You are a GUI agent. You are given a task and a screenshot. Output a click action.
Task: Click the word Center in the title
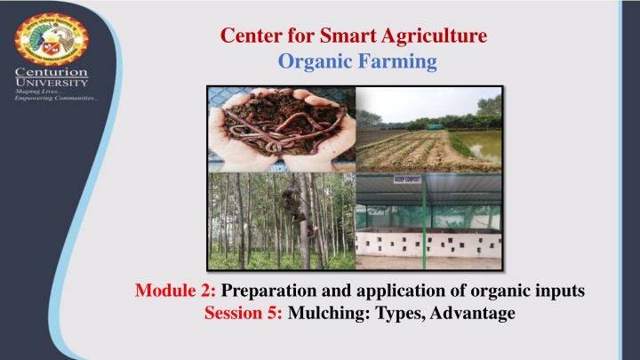(246, 37)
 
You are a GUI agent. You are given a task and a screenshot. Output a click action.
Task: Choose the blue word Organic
(306, 61)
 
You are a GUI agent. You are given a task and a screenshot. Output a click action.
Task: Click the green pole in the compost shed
(424, 208)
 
